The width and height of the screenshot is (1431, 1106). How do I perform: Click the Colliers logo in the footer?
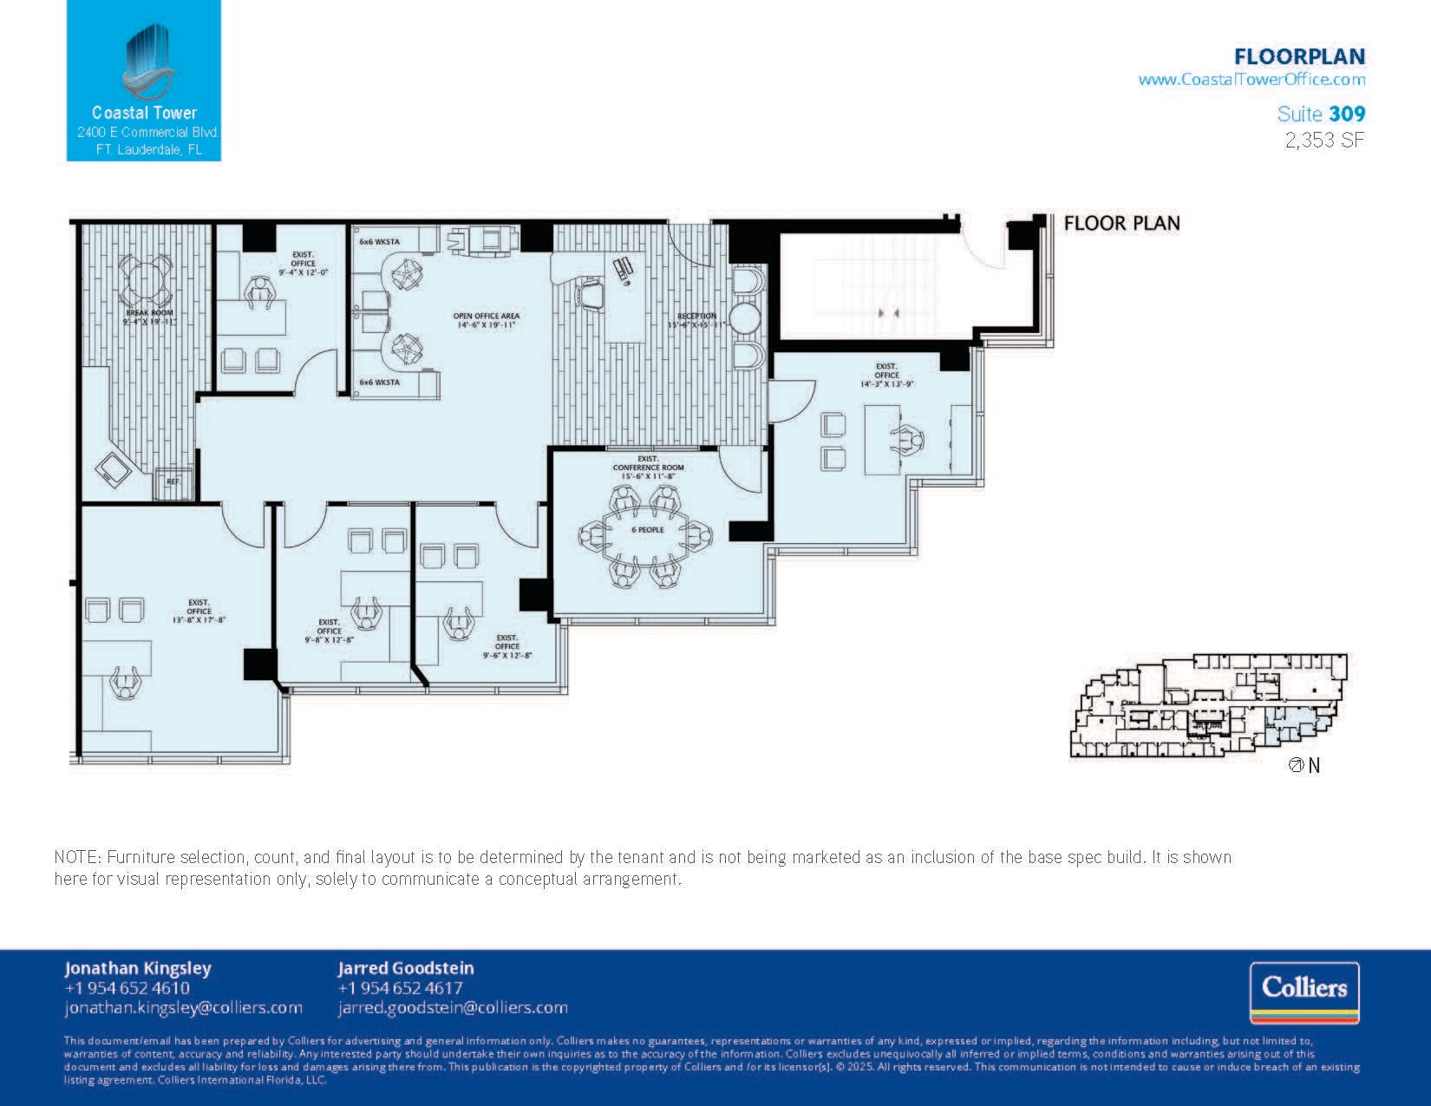coord(1304,992)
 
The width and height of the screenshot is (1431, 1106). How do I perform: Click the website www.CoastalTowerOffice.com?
coord(1251,80)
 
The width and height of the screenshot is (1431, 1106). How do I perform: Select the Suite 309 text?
coord(1321,114)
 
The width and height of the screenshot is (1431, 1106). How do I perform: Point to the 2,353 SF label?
coord(1324,140)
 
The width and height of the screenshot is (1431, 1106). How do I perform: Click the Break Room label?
coord(149,317)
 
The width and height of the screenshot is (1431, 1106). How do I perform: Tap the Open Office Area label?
coord(486,320)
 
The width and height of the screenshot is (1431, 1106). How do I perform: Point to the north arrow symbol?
coord(1297,765)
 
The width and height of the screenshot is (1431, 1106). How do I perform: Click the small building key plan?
coord(1209,705)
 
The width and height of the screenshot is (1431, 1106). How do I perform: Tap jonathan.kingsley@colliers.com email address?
coord(183,1008)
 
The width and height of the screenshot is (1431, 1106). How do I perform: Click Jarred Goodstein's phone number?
coord(400,988)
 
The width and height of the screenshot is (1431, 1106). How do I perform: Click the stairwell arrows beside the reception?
coord(887,312)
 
